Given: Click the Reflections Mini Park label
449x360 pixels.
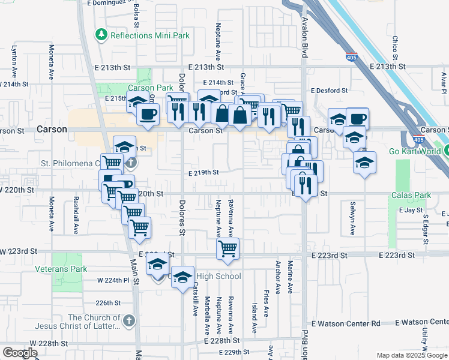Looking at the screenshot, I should pyautogui.click(x=149, y=35).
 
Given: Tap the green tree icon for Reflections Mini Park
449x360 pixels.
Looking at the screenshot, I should pyautogui.click(x=101, y=35).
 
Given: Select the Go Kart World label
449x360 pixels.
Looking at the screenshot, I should pyautogui.click(x=418, y=151).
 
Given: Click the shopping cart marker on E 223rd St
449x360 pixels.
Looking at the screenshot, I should pyautogui.click(x=228, y=248).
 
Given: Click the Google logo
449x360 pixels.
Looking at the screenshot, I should pyautogui.click(x=20, y=353).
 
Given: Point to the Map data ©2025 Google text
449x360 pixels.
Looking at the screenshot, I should pyautogui.click(x=411, y=355).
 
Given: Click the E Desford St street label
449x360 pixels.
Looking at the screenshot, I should pyautogui.click(x=329, y=91).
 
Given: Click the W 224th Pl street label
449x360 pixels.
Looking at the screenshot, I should pyautogui.click(x=113, y=280).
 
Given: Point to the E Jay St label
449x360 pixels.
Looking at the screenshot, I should pyautogui.click(x=410, y=211).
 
